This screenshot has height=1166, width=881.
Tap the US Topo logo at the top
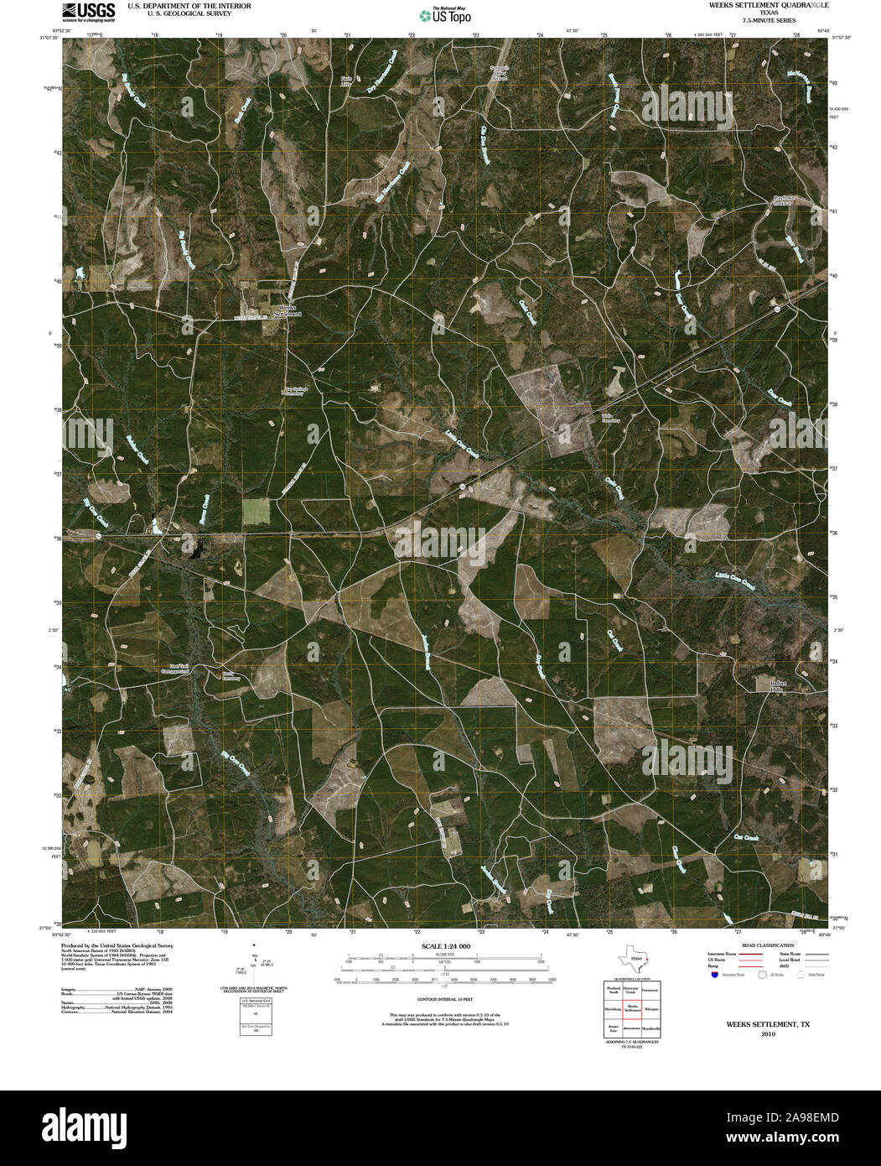(446, 13)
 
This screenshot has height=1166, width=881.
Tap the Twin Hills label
(346, 81)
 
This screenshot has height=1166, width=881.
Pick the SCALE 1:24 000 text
(446, 946)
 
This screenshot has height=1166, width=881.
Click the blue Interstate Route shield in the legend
(714, 976)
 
